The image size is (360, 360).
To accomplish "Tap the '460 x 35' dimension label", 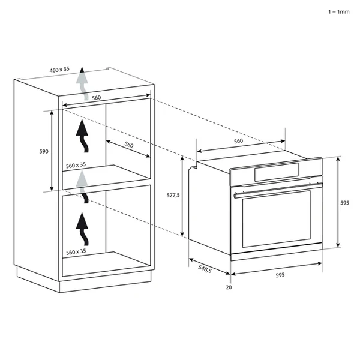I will (60, 70).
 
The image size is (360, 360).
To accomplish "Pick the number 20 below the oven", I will (229, 287).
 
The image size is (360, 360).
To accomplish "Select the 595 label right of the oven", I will (344, 203).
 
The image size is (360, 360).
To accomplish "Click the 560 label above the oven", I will (238, 141).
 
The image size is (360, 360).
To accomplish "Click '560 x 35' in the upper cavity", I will (76, 164).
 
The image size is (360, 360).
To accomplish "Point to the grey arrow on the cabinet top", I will (82, 82).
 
